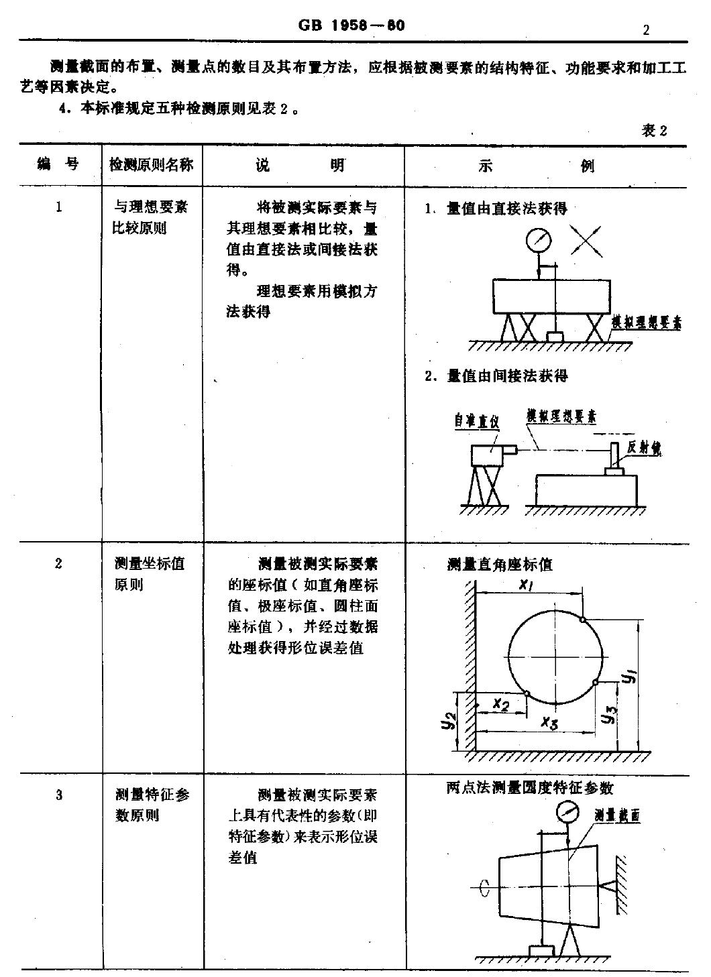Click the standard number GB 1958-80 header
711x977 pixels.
(351, 25)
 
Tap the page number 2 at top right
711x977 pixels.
(645, 30)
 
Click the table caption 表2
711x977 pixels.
(655, 131)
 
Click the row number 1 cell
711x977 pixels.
(59, 207)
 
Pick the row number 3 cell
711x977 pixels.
(59, 795)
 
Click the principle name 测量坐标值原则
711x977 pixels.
(149, 574)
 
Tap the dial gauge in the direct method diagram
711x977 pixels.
(539, 240)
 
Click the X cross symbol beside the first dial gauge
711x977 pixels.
(586, 241)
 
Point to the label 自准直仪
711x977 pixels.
(477, 421)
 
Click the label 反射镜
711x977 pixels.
(644, 448)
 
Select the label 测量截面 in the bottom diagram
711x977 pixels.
(617, 815)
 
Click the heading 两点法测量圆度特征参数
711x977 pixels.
(530, 787)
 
